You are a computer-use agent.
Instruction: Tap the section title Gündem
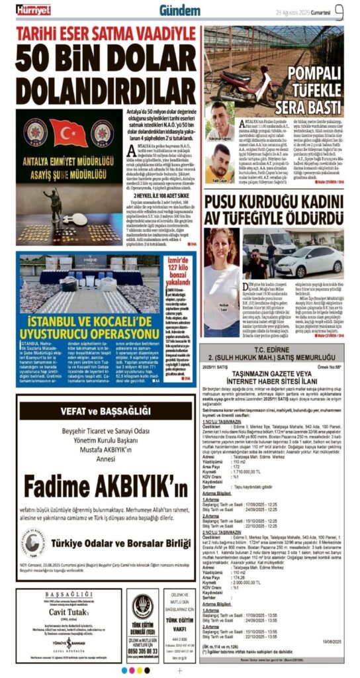point(179,11)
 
